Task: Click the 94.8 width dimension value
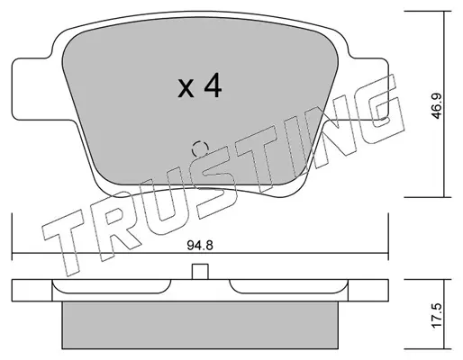tap(200, 246)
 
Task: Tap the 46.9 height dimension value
tap(436, 105)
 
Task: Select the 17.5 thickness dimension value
tap(437, 315)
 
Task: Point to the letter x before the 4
tap(186, 88)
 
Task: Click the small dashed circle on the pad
tap(200, 148)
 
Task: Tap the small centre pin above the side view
tap(200, 272)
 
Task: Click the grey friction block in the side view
tap(200, 325)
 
